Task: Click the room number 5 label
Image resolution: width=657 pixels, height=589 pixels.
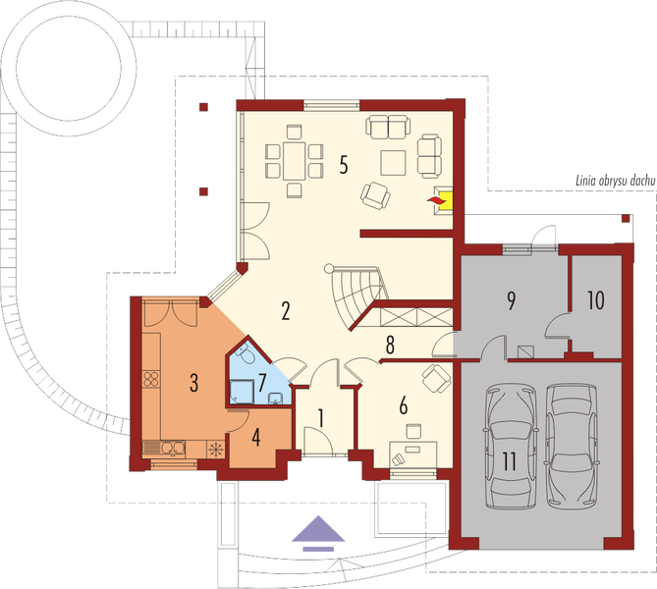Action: click(x=343, y=164)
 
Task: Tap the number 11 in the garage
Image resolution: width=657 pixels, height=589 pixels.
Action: click(x=508, y=459)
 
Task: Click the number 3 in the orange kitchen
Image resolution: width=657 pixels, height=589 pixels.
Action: click(x=194, y=381)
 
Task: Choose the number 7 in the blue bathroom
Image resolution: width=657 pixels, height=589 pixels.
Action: click(x=262, y=380)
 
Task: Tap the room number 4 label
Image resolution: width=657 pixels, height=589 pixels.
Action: click(x=256, y=436)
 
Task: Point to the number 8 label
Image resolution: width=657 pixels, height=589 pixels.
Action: click(x=390, y=345)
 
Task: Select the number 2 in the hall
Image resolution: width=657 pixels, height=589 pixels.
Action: click(x=285, y=313)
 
